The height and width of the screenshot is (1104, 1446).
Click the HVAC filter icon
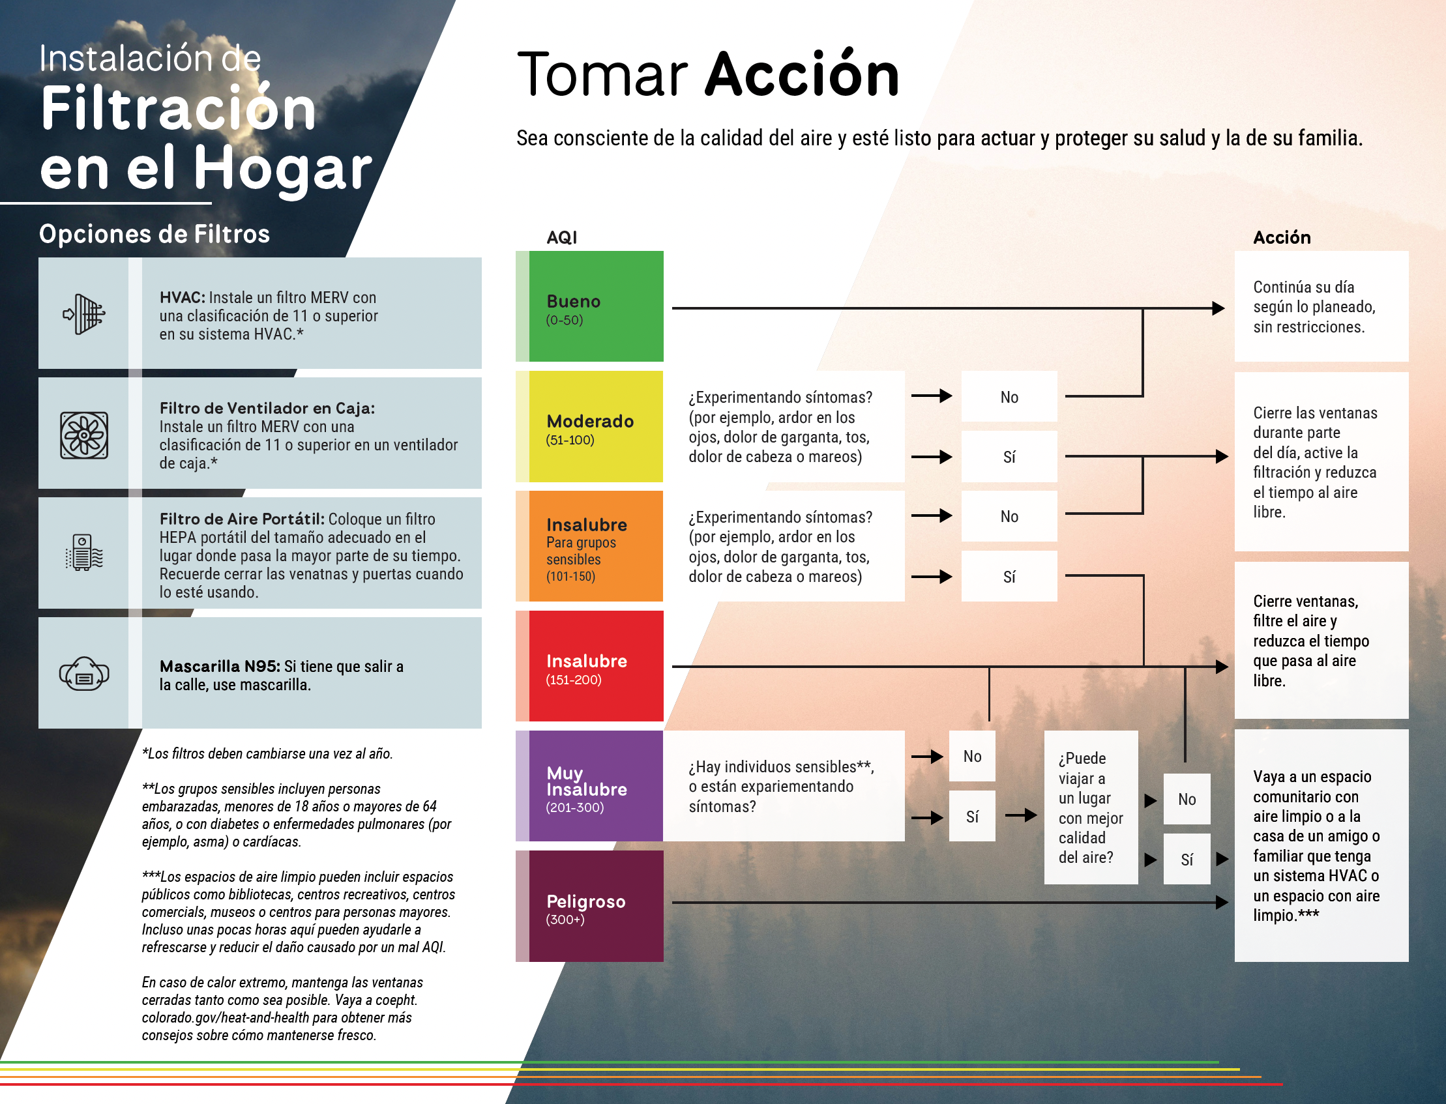point(84,314)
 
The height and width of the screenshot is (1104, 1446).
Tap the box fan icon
point(84,435)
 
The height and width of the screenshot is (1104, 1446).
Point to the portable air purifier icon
point(84,552)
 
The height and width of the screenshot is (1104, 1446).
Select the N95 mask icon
point(84,674)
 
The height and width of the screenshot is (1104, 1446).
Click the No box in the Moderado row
point(1009,396)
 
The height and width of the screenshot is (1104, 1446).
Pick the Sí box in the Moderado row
point(1009,457)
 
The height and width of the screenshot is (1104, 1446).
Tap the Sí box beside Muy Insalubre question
point(972,817)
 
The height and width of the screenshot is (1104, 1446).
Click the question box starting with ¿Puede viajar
point(1091,807)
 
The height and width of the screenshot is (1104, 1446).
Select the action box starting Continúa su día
point(1321,306)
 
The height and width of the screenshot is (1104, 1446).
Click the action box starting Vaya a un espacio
point(1321,845)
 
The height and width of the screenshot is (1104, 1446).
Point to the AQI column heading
point(562,237)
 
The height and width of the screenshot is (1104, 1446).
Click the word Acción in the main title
point(802,75)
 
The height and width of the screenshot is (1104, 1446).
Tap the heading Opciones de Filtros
point(155,234)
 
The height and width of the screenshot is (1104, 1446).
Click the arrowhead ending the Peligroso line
point(1221,902)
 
